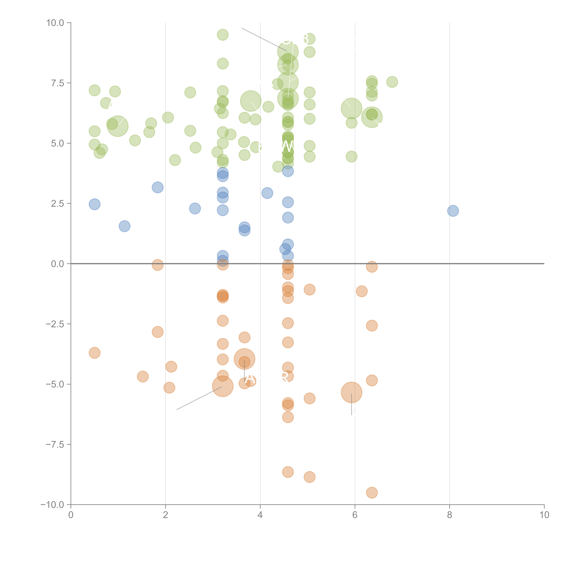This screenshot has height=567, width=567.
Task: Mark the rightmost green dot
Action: point(392,82)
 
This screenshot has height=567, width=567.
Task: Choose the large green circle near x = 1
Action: point(118,126)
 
